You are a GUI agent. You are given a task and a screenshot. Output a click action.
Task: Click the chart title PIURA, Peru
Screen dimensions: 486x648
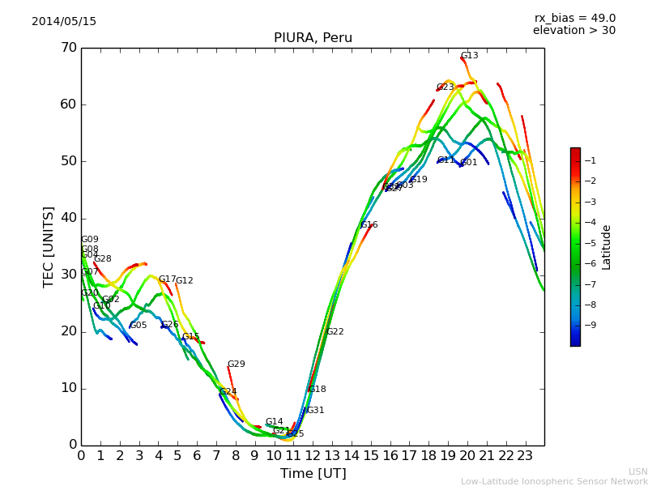313,38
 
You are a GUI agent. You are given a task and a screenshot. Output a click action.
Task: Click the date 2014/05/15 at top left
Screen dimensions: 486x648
64,22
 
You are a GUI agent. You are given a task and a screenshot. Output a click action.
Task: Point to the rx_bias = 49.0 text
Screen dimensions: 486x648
575,19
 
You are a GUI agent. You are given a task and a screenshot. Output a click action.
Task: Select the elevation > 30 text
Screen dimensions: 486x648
574,31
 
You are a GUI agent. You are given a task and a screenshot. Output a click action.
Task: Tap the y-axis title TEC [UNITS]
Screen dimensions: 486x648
49,246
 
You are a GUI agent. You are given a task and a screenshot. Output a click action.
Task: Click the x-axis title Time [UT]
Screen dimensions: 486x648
313,474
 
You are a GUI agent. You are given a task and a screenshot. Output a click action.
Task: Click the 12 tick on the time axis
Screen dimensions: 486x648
313,456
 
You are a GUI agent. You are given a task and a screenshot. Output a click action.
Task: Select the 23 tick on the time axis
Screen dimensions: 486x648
525,456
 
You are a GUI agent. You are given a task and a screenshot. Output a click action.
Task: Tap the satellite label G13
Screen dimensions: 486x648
470,56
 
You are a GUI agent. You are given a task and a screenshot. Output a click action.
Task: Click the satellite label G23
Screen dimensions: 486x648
446,87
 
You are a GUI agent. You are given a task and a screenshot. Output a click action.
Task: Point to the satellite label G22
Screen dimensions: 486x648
335,332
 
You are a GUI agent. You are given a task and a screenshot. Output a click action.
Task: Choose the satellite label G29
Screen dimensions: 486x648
236,364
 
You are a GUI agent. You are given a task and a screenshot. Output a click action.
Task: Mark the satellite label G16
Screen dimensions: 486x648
369,225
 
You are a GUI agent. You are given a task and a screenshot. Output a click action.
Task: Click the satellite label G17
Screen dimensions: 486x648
167,279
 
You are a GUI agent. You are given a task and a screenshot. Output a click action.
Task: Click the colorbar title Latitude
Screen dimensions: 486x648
607,247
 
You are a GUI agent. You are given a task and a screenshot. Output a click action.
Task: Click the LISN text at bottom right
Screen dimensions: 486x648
638,471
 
